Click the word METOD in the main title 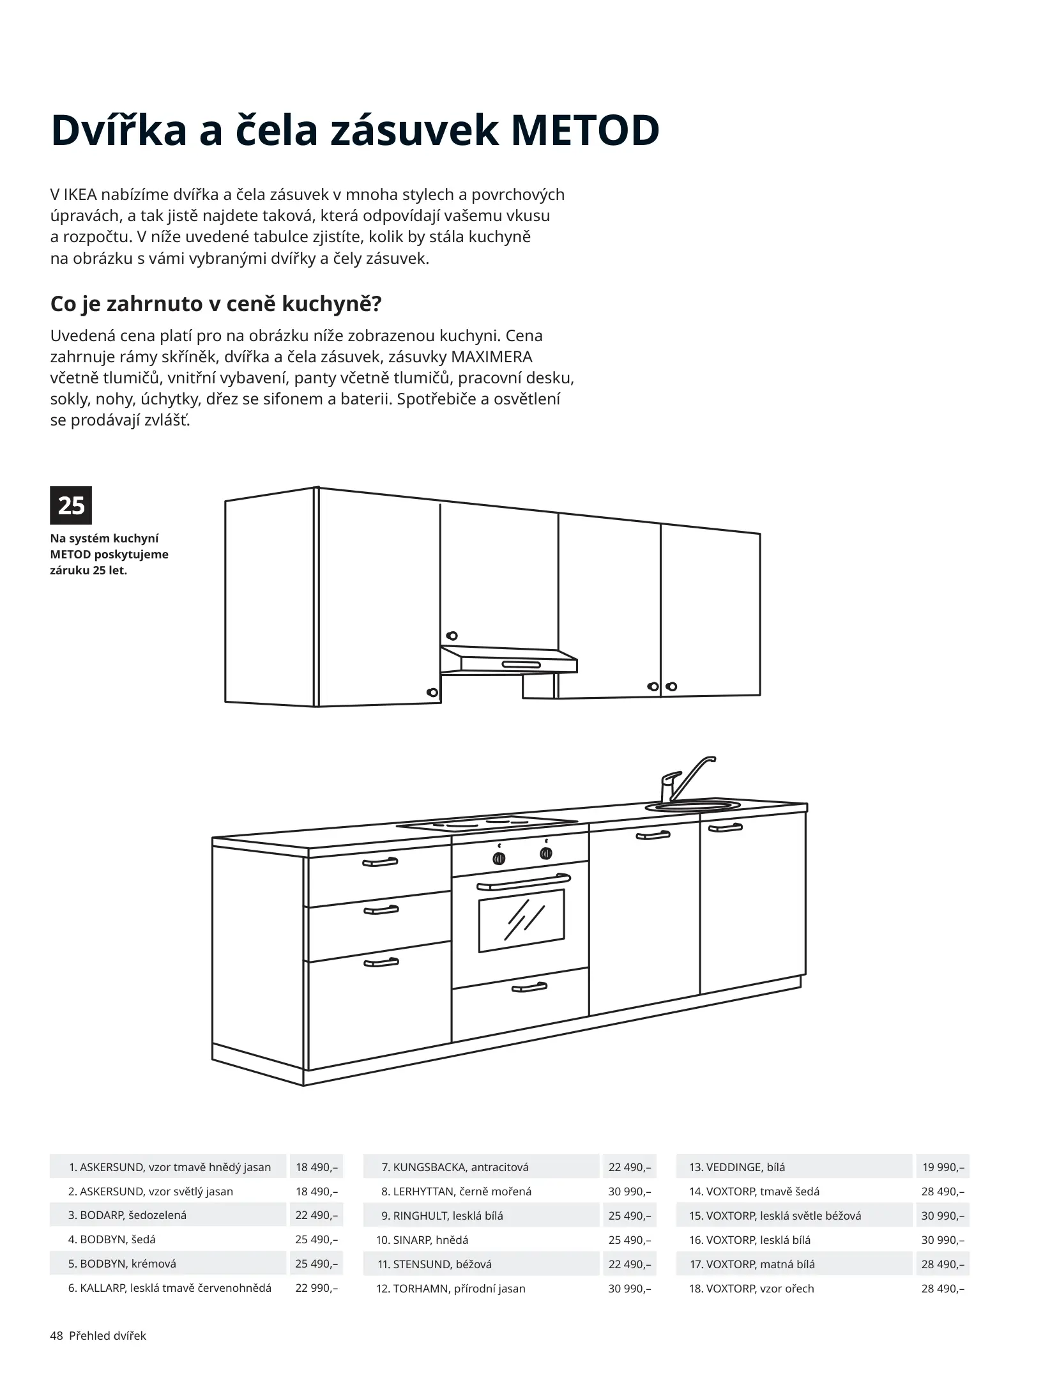[585, 131]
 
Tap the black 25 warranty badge [71, 505]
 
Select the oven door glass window [521, 920]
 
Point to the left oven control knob [499, 859]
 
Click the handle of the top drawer [380, 862]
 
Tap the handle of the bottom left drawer [381, 980]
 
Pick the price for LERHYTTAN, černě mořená [629, 1191]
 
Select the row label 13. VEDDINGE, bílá [736, 1167]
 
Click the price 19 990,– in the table [943, 1167]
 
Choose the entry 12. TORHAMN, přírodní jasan [451, 1288]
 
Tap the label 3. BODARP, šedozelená [127, 1215]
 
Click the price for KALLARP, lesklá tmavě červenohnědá [316, 1288]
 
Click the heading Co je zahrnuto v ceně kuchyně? [215, 304]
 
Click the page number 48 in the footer [57, 1336]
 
